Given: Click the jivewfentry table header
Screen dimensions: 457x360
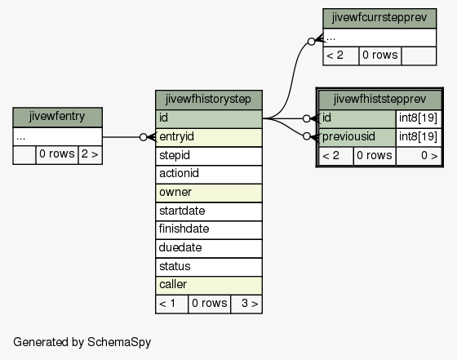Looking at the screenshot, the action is click(57, 118).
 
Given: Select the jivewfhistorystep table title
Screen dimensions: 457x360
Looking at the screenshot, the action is click(209, 100).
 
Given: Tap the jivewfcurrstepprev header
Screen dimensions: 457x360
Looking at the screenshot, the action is click(379, 18).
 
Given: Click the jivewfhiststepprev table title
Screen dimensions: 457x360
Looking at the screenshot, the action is click(379, 100).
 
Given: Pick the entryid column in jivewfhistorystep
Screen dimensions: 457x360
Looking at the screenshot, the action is click(209, 137).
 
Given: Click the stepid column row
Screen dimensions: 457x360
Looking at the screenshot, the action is click(209, 156).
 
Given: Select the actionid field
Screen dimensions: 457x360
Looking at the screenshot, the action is click(209, 174).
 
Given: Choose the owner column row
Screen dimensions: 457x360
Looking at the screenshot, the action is click(209, 193).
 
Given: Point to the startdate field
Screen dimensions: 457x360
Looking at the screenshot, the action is click(209, 211).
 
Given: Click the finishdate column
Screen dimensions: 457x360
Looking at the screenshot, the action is click(209, 229).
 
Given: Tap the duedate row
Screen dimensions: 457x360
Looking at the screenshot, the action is click(209, 248).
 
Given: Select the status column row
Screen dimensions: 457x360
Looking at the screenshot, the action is click(209, 267).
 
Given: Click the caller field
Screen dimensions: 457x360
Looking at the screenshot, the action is click(209, 285).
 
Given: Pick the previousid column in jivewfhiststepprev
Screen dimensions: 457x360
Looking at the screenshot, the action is click(357, 137).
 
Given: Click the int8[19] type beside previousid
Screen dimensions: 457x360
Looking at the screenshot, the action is click(418, 136).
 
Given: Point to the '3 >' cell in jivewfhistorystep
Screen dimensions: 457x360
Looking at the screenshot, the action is click(246, 304).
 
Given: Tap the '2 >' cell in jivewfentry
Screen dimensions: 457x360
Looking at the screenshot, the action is click(90, 154).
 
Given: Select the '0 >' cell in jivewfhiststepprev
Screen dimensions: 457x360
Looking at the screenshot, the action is click(419, 156).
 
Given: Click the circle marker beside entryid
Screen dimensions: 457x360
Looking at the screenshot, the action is click(144, 137).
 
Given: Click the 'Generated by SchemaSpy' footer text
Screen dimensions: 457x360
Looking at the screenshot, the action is click(82, 342).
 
